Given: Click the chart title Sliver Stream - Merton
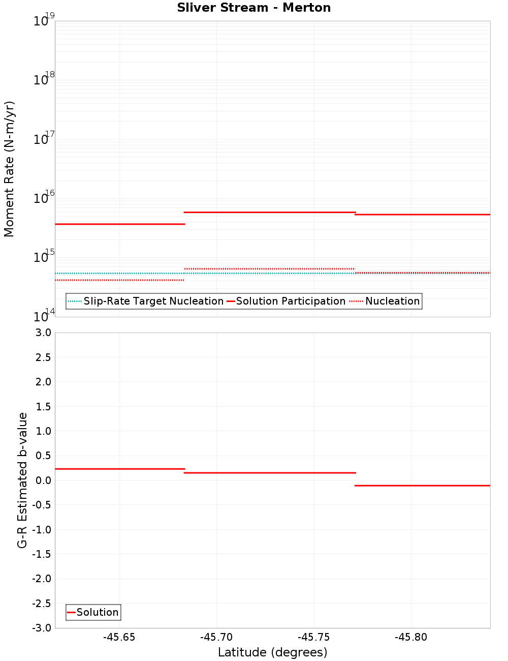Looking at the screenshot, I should pos(254,8).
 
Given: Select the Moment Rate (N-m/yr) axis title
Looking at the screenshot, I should pos(9,169).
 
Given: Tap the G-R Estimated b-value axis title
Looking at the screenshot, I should pos(22,480).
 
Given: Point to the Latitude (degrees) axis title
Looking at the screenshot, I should pos(272,652).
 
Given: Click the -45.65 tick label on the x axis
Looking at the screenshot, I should pos(119,637).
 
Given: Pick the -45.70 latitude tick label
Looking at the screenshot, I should pos(216,637).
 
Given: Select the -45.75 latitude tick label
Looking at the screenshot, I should pos(314,637).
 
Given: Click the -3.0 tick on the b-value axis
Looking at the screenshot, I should pos(42,628).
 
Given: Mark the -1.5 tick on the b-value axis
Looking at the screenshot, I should pos(42,554).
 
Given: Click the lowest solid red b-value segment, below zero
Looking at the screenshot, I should pos(422,486).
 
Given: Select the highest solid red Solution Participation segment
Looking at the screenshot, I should pos(269,212).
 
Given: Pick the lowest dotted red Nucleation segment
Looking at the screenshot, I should pos(119,280).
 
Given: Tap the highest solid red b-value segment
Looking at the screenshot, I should pos(119,469).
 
